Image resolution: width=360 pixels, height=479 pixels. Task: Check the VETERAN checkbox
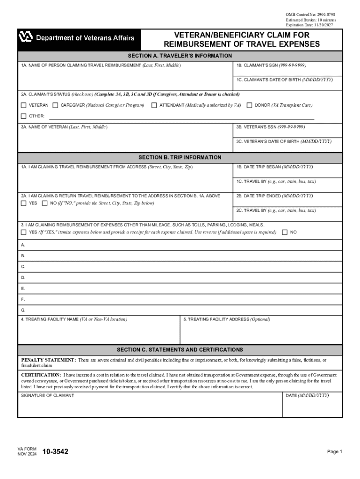[23, 105]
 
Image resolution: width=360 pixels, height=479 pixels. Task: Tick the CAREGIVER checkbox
[55, 105]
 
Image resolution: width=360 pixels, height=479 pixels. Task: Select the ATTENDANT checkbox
[154, 105]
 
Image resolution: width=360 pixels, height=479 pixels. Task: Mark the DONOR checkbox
[249, 105]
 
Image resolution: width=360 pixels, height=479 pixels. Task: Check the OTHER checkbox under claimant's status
[23, 116]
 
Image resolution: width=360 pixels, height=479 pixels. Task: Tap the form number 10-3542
[55, 452]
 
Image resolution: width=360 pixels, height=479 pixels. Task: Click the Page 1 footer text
[335, 452]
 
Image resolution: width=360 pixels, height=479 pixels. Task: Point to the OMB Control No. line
[310, 15]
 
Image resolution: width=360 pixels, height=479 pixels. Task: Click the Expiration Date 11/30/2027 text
[311, 25]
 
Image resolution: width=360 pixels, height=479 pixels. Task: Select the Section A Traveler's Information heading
[180, 56]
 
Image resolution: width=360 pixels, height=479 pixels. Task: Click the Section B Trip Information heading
[180, 158]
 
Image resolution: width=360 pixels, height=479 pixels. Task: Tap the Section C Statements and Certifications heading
[180, 350]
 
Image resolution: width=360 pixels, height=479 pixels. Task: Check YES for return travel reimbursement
[23, 203]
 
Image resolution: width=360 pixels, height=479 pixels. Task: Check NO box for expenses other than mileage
[285, 232]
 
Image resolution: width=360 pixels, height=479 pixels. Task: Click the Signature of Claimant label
[47, 396]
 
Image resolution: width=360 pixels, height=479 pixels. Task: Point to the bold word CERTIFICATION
[41, 375]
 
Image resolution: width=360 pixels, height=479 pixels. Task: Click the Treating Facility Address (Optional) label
[227, 319]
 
